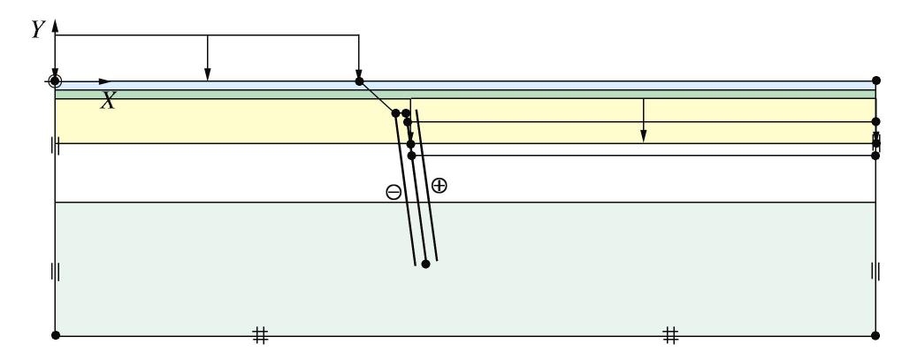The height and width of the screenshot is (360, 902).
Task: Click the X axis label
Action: (x=108, y=101)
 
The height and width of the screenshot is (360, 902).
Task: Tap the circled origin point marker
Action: (x=55, y=81)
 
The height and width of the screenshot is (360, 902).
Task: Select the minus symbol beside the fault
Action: (x=394, y=192)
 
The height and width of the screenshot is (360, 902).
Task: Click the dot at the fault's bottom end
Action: (x=425, y=264)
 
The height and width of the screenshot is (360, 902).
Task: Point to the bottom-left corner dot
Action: (x=55, y=335)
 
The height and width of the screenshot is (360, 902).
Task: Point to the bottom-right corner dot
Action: (x=875, y=335)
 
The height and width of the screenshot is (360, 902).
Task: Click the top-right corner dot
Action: (x=875, y=80)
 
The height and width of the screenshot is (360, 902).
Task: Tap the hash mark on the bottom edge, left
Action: (x=260, y=334)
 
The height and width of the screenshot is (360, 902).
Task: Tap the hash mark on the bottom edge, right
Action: (x=671, y=334)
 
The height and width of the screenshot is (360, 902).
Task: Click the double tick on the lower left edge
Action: (x=55, y=271)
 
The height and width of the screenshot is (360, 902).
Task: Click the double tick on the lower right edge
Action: (x=875, y=271)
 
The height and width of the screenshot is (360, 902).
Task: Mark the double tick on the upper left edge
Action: (x=55, y=147)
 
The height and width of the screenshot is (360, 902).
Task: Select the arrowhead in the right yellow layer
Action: (x=644, y=136)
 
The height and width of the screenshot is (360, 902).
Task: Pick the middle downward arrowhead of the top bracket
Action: (x=207, y=72)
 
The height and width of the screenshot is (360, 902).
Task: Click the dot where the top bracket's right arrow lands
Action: (x=359, y=81)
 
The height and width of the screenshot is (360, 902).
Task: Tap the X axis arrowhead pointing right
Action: (x=108, y=81)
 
